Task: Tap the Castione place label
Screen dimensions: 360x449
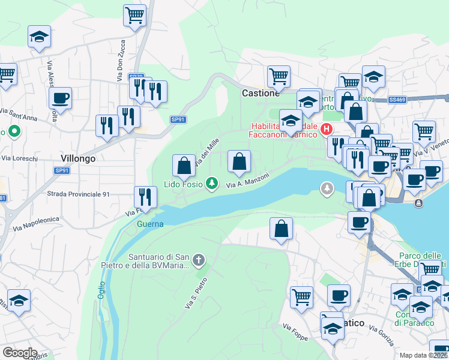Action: (261, 94)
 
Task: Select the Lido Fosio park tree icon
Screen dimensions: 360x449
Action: (212, 182)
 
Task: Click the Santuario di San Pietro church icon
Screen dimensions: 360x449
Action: (199, 260)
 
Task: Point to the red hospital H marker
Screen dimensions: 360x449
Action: (327, 129)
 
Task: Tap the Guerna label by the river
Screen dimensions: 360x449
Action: (150, 224)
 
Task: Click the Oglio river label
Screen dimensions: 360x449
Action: (101, 290)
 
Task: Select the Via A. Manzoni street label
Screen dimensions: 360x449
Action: (247, 181)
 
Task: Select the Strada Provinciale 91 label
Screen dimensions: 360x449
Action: (80, 194)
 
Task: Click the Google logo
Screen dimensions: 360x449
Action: (20, 352)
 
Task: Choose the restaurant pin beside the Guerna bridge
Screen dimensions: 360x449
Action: (145, 196)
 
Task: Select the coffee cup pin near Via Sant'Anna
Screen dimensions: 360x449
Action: (60, 97)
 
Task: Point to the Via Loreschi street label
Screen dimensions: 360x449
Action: (20, 158)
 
